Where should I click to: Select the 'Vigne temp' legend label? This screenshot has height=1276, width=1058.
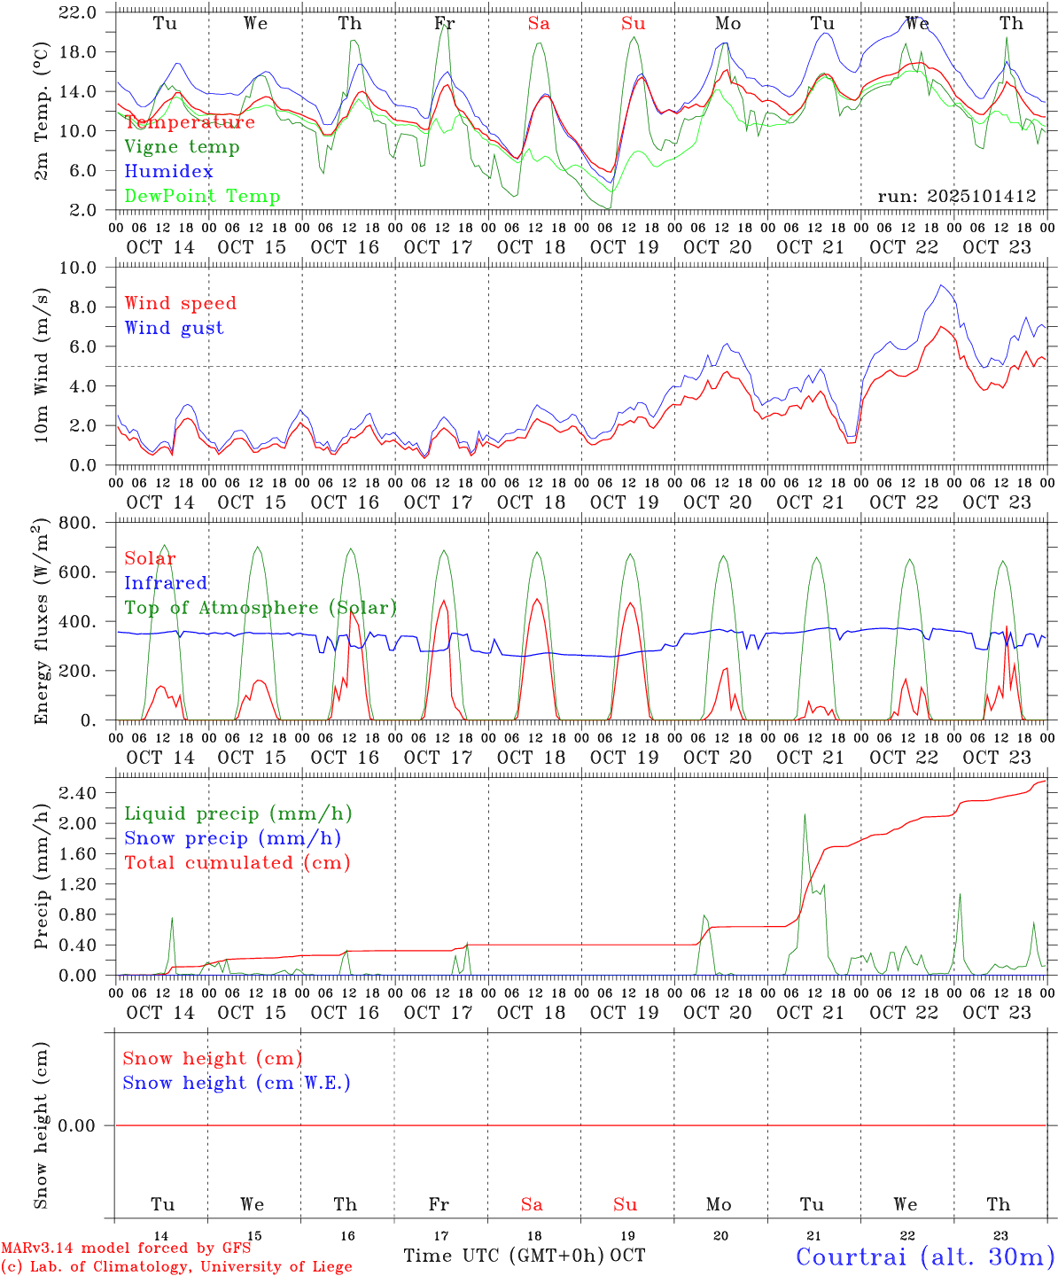tap(182, 146)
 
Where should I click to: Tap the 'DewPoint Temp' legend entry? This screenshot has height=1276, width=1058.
tap(202, 196)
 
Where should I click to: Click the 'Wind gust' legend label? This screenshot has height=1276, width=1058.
tap(174, 328)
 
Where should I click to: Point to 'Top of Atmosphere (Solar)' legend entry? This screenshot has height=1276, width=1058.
tap(261, 607)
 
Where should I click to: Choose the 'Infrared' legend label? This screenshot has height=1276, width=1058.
tap(166, 582)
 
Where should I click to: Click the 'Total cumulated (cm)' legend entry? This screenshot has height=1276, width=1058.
tap(237, 862)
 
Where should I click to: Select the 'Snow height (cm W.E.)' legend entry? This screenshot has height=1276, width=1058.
tap(237, 1082)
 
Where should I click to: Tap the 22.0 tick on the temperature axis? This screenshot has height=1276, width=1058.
tap(82, 12)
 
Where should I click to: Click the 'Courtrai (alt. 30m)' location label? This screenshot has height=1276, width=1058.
tap(925, 1256)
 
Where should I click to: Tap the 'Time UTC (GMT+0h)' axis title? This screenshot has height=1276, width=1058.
tap(503, 1255)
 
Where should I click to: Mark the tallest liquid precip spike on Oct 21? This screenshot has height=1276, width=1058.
tap(805, 814)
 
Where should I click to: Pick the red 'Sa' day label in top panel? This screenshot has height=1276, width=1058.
tap(539, 24)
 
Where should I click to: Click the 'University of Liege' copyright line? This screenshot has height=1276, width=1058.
tap(176, 1266)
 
